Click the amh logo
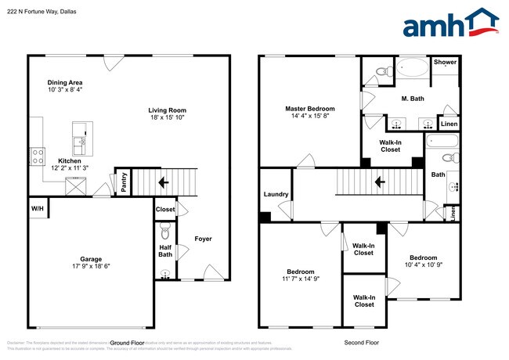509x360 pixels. pos(450,23)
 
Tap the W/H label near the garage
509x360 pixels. pos(38,209)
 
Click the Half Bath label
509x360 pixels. pos(165,250)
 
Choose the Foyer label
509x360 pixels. pos(203,239)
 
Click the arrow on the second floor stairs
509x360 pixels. pos(378,183)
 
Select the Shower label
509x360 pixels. pos(445,63)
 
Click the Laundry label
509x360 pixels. pos(276,194)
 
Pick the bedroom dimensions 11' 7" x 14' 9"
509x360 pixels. pos(300,278)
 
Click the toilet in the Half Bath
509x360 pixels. pos(164,233)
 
